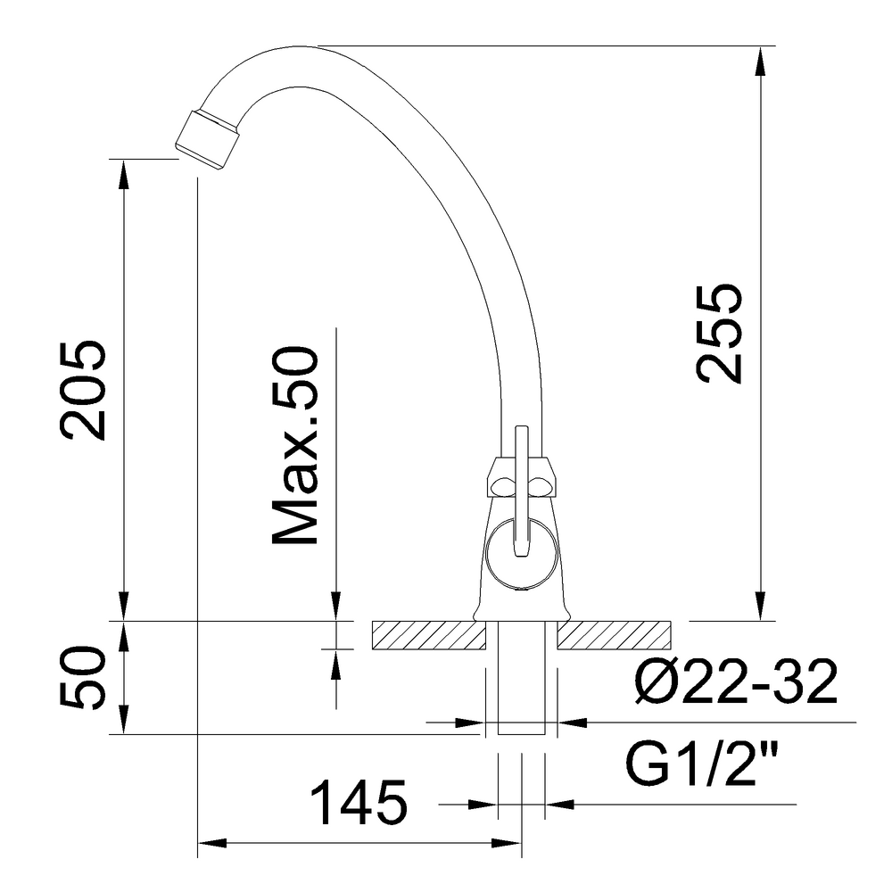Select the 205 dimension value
(x=84, y=390)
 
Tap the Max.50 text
(x=294, y=446)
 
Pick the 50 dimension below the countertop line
(x=84, y=678)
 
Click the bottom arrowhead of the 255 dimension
(x=759, y=607)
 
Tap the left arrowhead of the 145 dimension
(x=211, y=842)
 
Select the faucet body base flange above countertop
(x=521, y=612)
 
